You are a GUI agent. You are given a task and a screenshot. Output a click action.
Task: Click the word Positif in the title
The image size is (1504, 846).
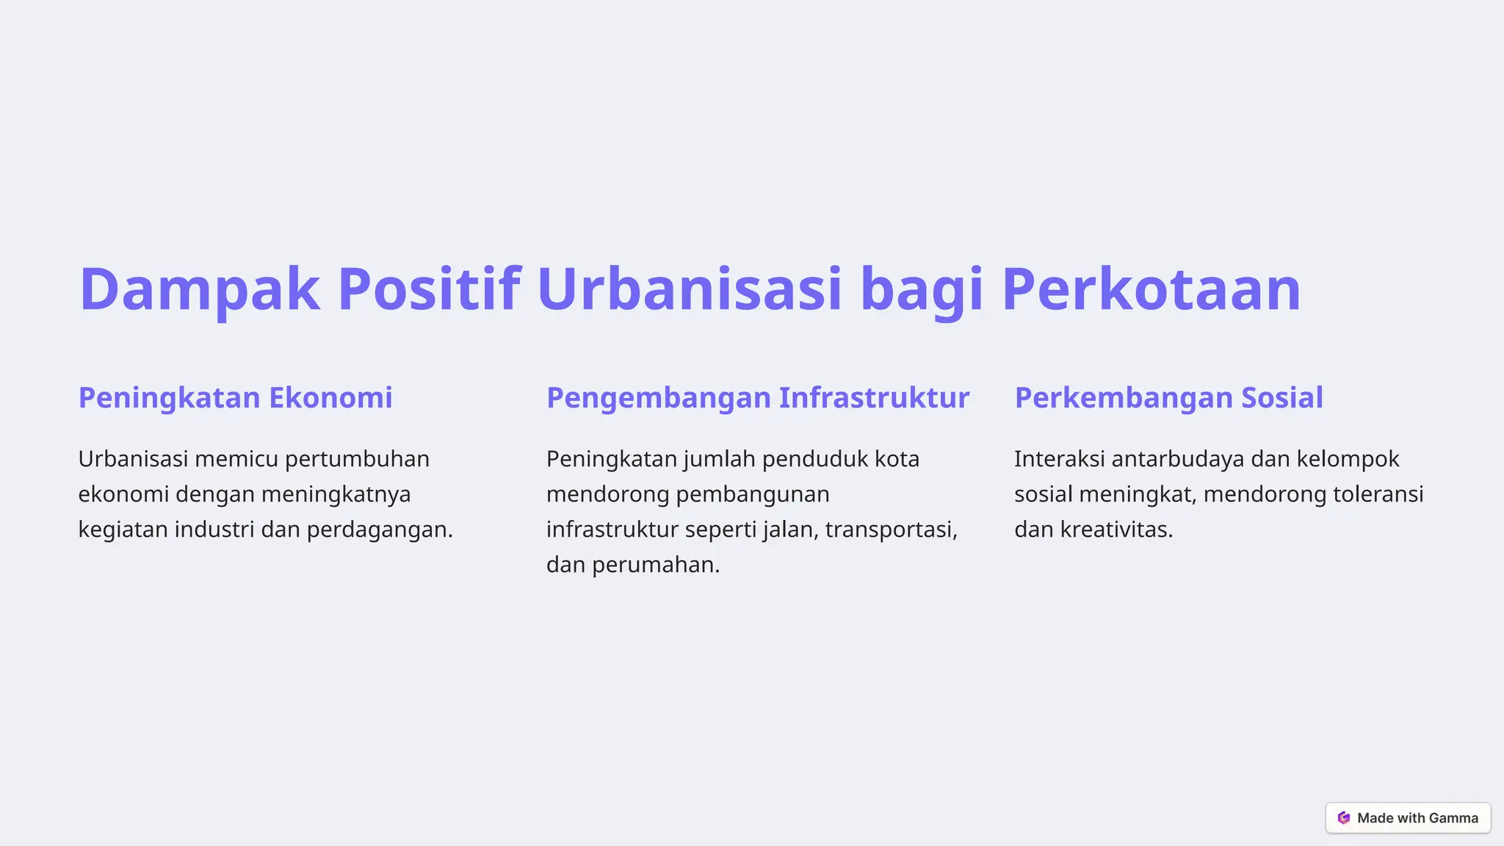pyautogui.click(x=429, y=289)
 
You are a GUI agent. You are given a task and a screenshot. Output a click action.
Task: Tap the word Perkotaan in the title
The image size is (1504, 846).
pyautogui.click(x=1151, y=289)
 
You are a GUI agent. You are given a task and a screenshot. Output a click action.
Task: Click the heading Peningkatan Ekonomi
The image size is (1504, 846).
pyautogui.click(x=235, y=398)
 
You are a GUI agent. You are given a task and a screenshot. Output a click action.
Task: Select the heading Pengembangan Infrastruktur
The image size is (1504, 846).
pyautogui.click(x=758, y=398)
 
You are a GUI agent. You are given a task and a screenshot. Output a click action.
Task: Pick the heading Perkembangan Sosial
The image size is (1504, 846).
pyautogui.click(x=1168, y=398)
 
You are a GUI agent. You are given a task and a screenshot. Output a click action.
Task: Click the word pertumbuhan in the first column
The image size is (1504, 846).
pyautogui.click(x=357, y=460)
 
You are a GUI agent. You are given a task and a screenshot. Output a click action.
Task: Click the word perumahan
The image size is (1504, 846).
pyautogui.click(x=655, y=565)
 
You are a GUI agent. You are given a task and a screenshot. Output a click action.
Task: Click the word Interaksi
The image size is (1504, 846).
pyautogui.click(x=1059, y=460)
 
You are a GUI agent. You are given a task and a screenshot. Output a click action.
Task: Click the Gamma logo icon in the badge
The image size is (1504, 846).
pyautogui.click(x=1344, y=818)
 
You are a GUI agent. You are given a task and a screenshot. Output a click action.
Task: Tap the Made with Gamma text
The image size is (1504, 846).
pyautogui.click(x=1417, y=818)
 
